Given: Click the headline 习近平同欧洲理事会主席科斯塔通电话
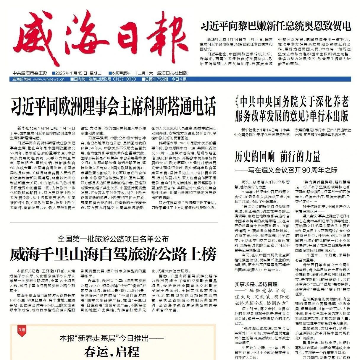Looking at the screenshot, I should click(114, 106).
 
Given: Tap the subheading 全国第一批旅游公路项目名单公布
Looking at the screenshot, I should click(113, 239).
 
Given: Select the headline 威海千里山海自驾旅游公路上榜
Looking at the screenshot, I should click(113, 254).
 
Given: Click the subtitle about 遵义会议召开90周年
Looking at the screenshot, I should click(286, 170).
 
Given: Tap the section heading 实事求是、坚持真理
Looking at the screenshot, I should click(256, 284).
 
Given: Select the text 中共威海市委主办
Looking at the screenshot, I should click(30, 73).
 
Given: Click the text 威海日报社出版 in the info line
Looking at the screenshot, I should click(172, 73).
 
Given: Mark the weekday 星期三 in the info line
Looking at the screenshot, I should click(96, 73).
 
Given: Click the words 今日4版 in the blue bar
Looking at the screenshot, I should click(179, 79).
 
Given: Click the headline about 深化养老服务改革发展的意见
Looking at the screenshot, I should click(292, 109).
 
